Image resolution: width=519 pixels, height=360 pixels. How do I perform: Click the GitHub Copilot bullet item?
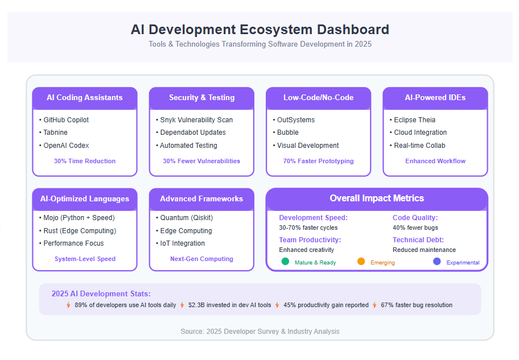coord(64,120)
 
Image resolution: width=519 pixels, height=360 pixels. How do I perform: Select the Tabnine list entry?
coord(53,133)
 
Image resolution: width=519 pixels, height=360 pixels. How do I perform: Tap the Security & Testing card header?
coord(201,98)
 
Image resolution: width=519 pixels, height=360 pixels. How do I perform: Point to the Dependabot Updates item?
coord(191,133)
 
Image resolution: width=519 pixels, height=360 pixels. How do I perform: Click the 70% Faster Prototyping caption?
coord(319,161)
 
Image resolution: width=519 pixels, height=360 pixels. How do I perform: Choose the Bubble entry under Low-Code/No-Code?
coord(286,133)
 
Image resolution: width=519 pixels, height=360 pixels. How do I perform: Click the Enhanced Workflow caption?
coord(435,161)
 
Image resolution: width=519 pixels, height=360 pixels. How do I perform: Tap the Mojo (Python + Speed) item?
coord(77,218)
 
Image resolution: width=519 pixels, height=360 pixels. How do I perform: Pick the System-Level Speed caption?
coord(85,259)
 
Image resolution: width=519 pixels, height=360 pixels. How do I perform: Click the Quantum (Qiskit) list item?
coord(184,218)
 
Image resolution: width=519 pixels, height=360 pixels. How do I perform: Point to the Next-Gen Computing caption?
coord(201,259)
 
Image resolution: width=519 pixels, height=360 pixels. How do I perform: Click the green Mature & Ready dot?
coord(285,262)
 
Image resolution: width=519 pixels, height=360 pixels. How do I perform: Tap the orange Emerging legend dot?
coord(361,262)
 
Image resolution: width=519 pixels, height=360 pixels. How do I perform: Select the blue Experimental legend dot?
coord(437,262)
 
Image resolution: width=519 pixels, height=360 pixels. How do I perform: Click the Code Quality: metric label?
coord(415,218)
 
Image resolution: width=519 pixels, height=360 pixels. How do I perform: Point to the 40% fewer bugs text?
coord(415,227)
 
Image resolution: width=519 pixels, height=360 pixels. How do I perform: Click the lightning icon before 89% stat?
coord(68,305)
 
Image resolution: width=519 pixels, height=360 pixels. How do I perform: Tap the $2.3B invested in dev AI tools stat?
coord(230,305)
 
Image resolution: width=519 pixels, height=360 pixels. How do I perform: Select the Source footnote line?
coord(260,331)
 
